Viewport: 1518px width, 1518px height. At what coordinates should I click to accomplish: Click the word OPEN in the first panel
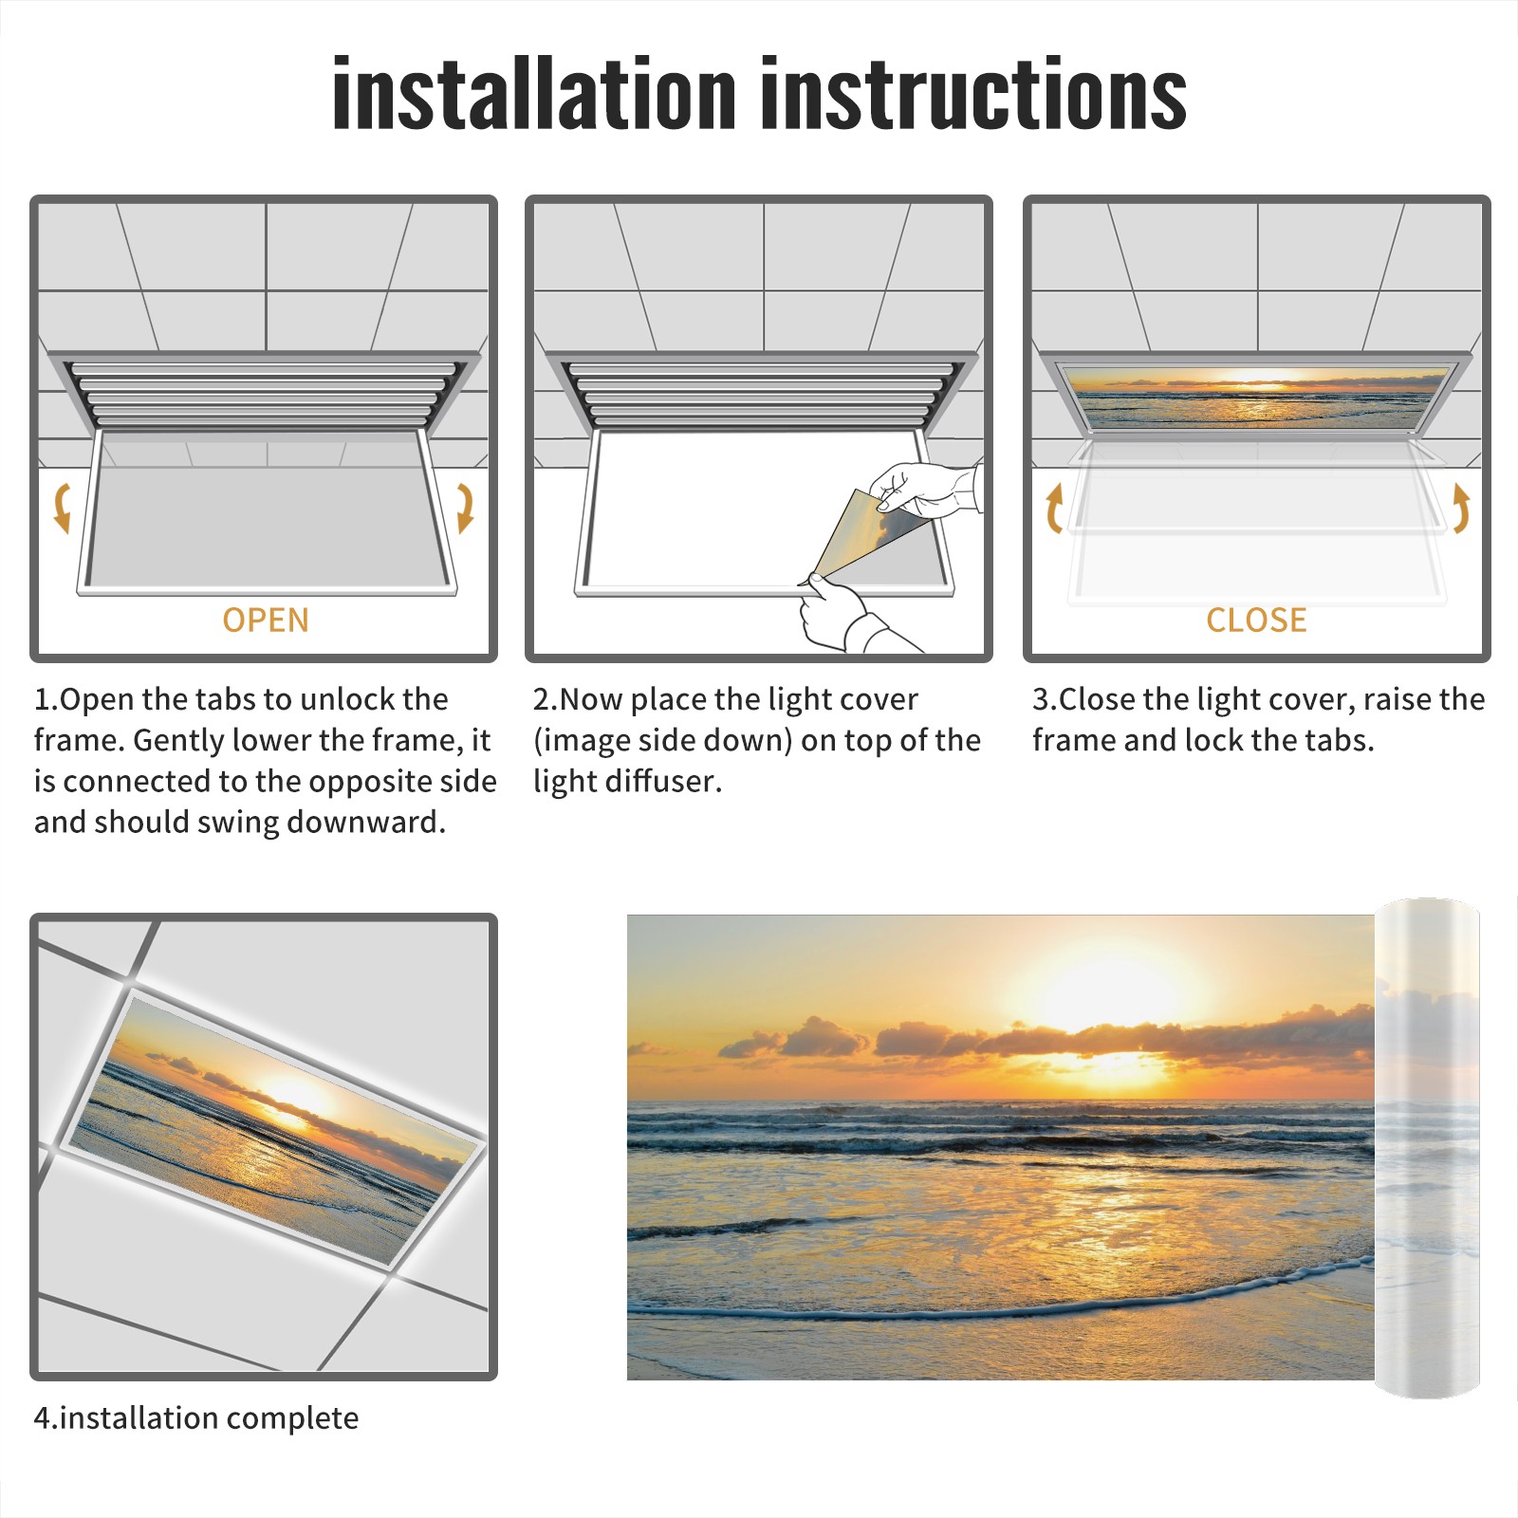[266, 620]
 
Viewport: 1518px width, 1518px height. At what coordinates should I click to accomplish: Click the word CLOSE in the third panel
[1256, 620]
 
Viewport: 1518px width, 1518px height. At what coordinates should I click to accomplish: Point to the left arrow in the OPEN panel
[62, 508]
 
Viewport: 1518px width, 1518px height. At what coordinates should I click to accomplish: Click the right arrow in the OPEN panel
[465, 508]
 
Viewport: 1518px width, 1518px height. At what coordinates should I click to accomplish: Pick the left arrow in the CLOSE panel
[1054, 508]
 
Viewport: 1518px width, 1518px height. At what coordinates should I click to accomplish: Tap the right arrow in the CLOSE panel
[1461, 508]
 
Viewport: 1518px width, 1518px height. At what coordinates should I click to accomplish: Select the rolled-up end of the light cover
[1427, 1148]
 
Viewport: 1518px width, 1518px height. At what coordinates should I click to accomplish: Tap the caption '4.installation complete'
[196, 1417]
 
